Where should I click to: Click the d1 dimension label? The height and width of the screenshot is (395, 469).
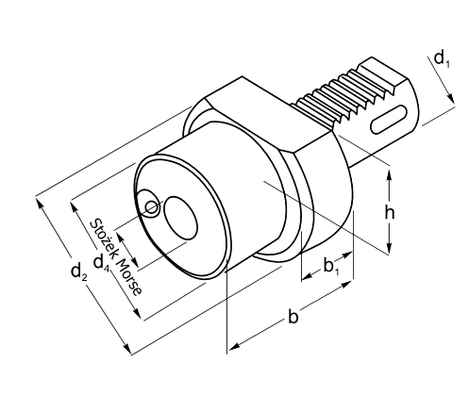441,59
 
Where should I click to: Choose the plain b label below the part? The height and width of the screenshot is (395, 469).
293,318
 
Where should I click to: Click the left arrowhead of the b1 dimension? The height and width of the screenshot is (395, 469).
305,279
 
